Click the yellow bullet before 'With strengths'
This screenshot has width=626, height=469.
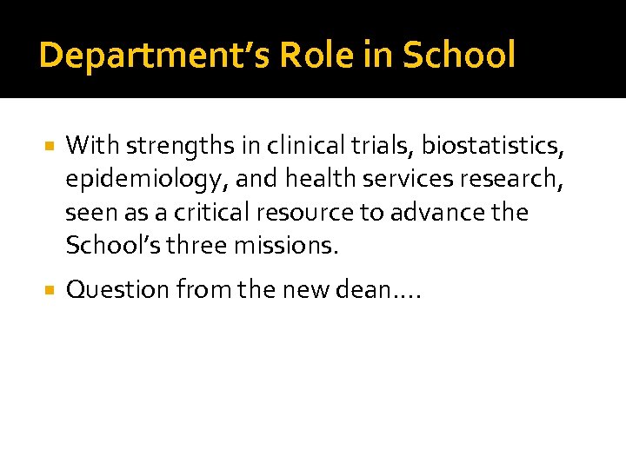(50, 144)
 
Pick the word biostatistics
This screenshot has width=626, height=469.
(493, 145)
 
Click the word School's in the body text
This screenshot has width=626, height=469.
(112, 246)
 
